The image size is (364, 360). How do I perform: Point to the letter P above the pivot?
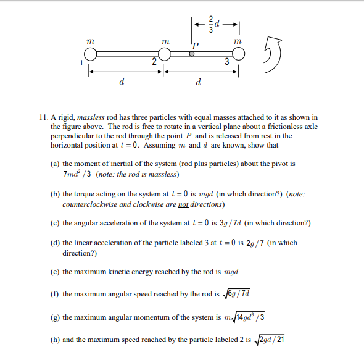pyautogui.click(x=196, y=46)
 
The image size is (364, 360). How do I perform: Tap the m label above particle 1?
pyautogui.click(x=90, y=40)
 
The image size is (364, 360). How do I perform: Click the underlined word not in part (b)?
pyautogui.click(x=183, y=204)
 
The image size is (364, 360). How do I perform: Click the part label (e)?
pyautogui.click(x=56, y=272)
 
